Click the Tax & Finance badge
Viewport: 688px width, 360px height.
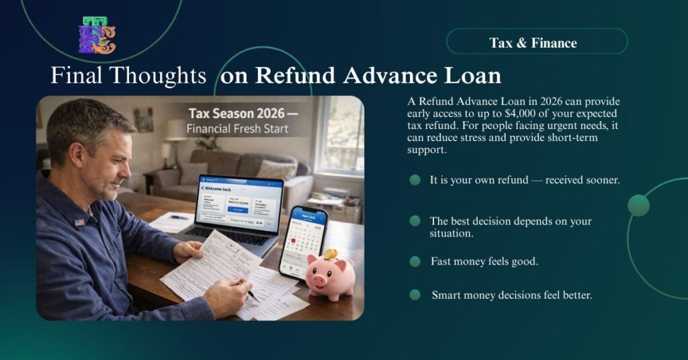click(x=536, y=42)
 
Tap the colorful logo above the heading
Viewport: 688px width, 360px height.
click(x=97, y=36)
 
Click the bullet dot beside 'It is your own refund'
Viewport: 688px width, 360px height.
click(x=415, y=180)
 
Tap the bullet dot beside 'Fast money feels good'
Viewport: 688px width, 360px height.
click(x=415, y=261)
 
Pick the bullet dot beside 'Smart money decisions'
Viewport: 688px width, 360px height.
click(x=415, y=294)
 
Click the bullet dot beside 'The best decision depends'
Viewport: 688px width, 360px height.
click(x=415, y=221)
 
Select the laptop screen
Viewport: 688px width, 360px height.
click(x=239, y=201)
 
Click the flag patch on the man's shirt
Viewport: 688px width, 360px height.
click(x=80, y=222)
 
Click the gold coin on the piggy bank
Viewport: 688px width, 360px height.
click(x=330, y=254)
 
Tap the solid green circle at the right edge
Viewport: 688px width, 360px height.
click(x=638, y=206)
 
